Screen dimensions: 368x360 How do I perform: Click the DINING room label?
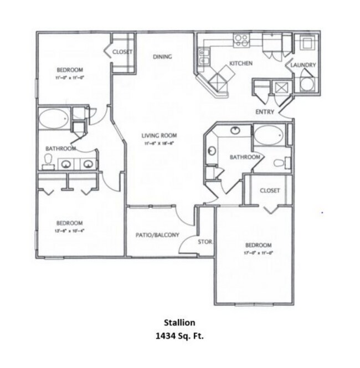pyautogui.click(x=162, y=57)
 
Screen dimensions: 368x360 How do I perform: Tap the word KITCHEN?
pyautogui.click(x=241, y=64)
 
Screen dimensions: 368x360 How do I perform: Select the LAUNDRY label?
pyautogui.click(x=304, y=65)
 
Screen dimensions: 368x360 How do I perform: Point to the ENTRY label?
pyautogui.click(x=265, y=112)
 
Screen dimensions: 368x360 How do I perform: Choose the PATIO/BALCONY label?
pyautogui.click(x=157, y=235)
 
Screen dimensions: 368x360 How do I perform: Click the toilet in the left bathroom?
pyautogui.click(x=48, y=161)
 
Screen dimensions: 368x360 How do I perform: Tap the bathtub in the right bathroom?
pyautogui.click(x=269, y=135)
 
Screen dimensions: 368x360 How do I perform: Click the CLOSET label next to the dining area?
pyautogui.click(x=122, y=52)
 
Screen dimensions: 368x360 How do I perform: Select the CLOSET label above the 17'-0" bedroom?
pyautogui.click(x=269, y=190)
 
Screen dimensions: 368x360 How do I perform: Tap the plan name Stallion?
pyautogui.click(x=179, y=321)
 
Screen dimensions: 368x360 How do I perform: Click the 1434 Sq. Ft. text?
pyautogui.click(x=180, y=335)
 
